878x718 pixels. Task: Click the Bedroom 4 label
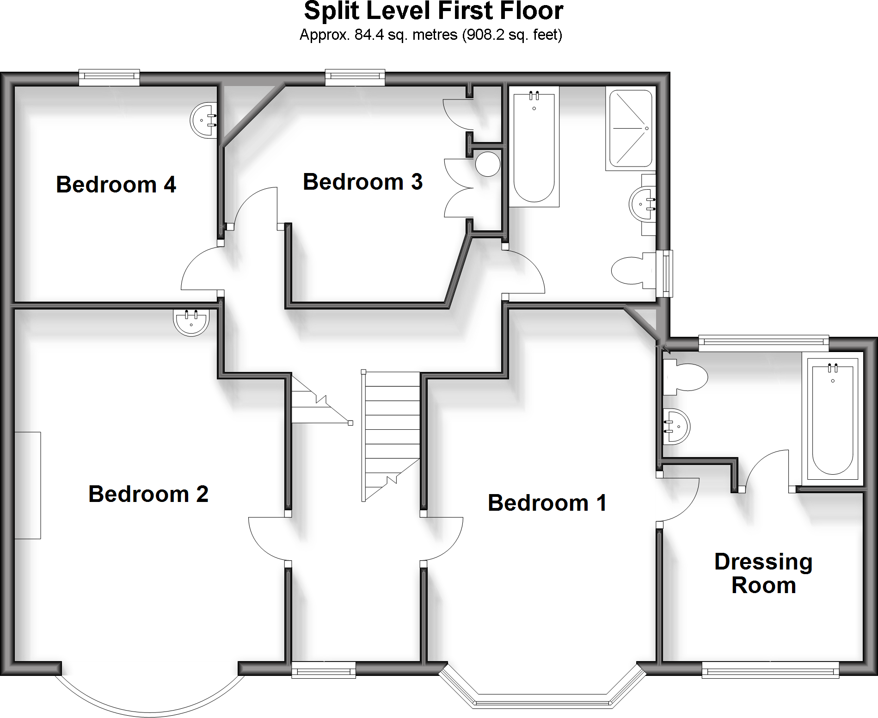pos(116,185)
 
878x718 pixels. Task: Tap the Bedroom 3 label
pos(362,182)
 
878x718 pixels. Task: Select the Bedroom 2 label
pos(148,494)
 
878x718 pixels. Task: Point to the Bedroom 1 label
pos(547,503)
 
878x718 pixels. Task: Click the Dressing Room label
pos(763,574)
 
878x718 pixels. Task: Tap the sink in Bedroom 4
pos(203,120)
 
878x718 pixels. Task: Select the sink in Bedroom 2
pos(191,321)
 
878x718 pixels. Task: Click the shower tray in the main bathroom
pos(631,128)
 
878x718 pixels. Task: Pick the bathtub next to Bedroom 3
pos(534,146)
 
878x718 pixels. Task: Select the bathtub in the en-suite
pos(832,419)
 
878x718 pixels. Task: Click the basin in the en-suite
pos(676,427)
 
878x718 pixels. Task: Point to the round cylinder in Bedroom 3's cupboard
pos(488,164)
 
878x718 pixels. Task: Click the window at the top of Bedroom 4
pos(109,78)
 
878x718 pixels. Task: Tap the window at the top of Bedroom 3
pos(355,78)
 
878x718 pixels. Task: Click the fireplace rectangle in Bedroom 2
pos(28,485)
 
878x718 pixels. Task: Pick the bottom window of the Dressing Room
pos(770,669)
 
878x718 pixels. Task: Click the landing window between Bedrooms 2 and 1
pos(324,669)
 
